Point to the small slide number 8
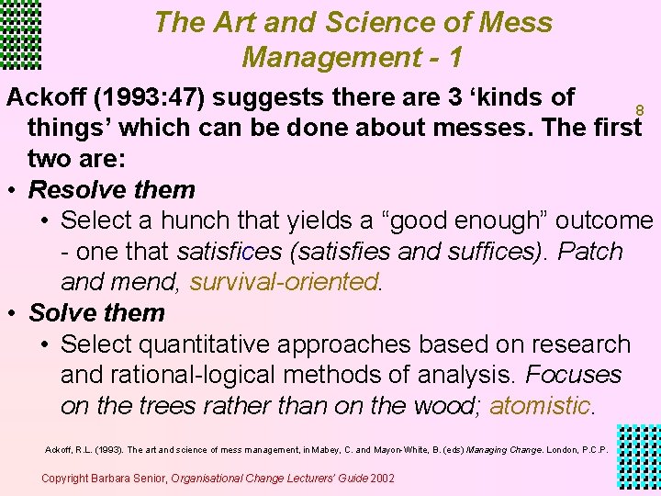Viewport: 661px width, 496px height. click(x=640, y=110)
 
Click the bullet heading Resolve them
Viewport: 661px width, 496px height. click(x=112, y=190)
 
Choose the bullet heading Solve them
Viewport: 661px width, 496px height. click(x=96, y=312)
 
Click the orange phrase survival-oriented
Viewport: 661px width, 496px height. click(x=284, y=282)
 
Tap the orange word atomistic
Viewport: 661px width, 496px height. click(x=540, y=405)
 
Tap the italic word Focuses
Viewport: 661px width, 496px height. click(x=573, y=375)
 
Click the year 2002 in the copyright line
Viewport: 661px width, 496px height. click(x=380, y=478)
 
